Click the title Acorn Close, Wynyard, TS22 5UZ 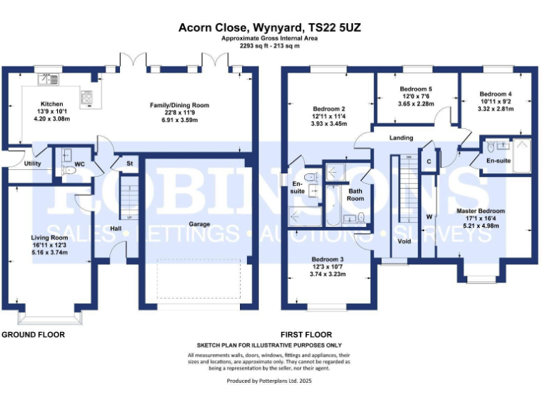(271, 27)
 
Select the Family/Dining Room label (176, 106)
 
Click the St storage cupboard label (129, 164)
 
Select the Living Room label (48, 238)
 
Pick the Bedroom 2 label (328, 109)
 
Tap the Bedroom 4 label (495, 94)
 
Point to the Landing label (401, 137)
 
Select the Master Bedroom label (481, 211)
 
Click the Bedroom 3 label (328, 257)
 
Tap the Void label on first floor (404, 241)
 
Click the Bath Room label (355, 195)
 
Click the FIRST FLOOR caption (306, 334)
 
